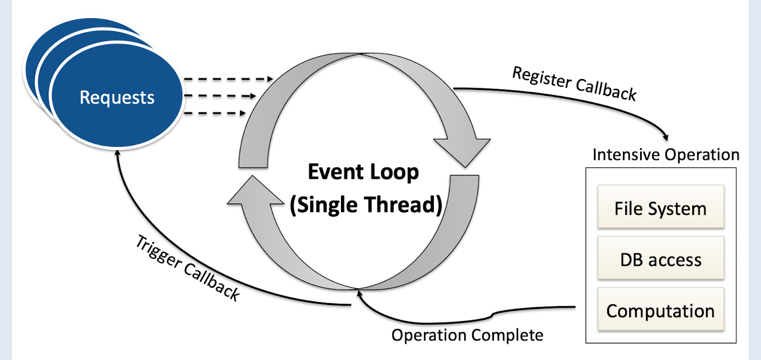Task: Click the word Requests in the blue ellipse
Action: (117, 97)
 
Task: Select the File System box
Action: (660, 208)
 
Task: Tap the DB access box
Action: (660, 260)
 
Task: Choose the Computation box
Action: (660, 311)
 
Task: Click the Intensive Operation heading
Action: (665, 155)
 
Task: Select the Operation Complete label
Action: (467, 335)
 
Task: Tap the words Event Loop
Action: (363, 172)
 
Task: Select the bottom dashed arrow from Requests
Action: (214, 114)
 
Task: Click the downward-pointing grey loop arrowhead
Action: (461, 151)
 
